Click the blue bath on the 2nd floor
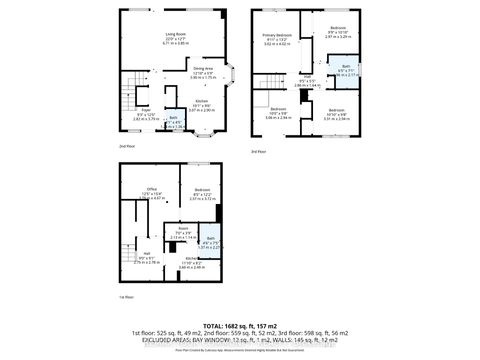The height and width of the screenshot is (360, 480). click(x=174, y=124)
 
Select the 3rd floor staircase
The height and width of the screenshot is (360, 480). click(x=274, y=84)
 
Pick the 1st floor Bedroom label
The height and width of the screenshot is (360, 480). click(x=202, y=193)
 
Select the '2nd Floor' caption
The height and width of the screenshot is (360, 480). click(x=128, y=146)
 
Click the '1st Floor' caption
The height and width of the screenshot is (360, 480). click(x=126, y=297)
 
